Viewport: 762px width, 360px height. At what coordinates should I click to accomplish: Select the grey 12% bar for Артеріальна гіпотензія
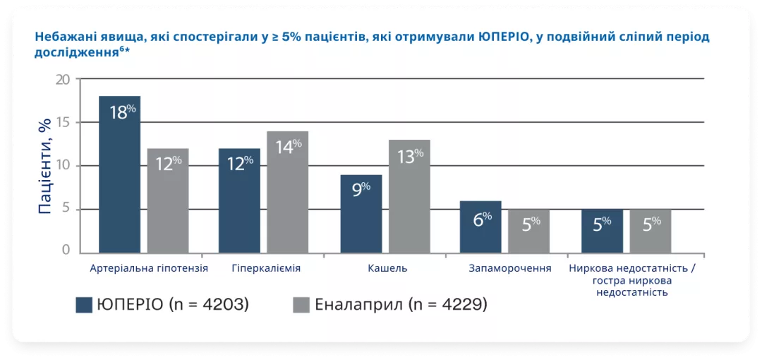click(x=168, y=200)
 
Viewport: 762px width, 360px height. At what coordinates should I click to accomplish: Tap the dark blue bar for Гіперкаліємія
click(x=239, y=200)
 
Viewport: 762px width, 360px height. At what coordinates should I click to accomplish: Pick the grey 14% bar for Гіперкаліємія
click(x=287, y=192)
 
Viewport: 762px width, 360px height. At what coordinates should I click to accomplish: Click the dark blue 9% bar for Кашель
click(x=361, y=214)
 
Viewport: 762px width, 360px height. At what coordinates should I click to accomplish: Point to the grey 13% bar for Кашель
click(x=409, y=196)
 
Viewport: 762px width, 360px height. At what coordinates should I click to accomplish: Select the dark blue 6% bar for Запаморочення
click(x=480, y=227)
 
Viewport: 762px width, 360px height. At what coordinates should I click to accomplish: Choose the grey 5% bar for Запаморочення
click(x=528, y=231)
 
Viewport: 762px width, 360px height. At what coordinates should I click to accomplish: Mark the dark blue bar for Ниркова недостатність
click(x=602, y=231)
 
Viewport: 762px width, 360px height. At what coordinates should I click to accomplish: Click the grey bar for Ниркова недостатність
click(x=651, y=231)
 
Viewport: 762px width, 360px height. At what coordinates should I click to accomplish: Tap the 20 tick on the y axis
click(x=64, y=79)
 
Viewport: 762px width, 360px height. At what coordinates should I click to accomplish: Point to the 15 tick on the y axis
click(x=64, y=122)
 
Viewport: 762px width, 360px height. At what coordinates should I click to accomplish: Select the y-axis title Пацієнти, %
click(x=44, y=167)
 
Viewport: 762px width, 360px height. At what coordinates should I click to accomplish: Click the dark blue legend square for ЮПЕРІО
click(x=85, y=305)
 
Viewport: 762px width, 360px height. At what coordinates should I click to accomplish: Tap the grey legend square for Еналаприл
click(x=301, y=305)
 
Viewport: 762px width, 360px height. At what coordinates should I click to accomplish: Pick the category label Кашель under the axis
click(x=387, y=269)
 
